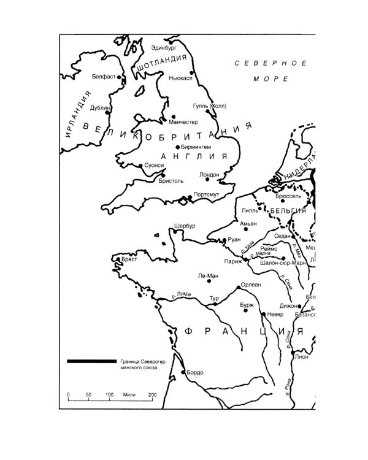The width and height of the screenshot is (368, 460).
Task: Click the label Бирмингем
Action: [x=196, y=147]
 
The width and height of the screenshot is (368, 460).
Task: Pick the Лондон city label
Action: [x=209, y=175]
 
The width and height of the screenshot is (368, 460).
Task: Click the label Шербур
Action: [x=185, y=226]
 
